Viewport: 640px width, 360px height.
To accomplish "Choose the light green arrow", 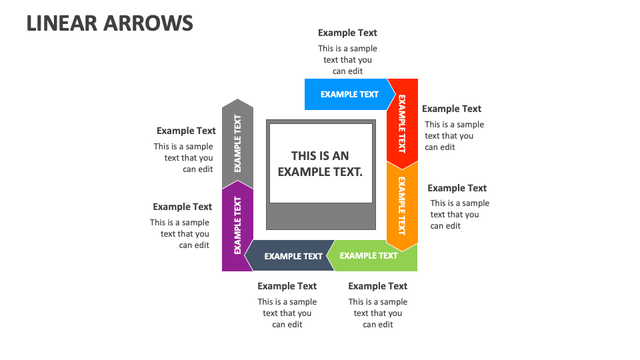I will point(373,256).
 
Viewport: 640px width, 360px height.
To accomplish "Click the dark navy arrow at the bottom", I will point(291,256).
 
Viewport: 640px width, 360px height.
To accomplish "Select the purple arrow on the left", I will point(237,225).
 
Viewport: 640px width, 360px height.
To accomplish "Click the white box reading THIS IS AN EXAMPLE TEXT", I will point(320,163).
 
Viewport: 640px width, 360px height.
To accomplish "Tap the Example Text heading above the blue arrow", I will point(347,33).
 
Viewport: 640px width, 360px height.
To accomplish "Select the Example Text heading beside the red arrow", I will point(451,109).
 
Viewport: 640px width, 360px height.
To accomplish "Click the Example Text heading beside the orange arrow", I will point(457,188).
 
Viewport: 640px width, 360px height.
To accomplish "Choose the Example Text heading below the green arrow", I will point(377,286).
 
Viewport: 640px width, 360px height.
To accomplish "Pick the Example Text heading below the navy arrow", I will point(287,286).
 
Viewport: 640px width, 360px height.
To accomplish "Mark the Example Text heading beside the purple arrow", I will point(182,207).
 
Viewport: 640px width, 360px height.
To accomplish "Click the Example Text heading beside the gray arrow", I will point(186,131).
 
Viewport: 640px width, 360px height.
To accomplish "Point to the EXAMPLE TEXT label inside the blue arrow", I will point(349,94).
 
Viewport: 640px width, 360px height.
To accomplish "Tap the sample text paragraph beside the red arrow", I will point(453,136).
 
